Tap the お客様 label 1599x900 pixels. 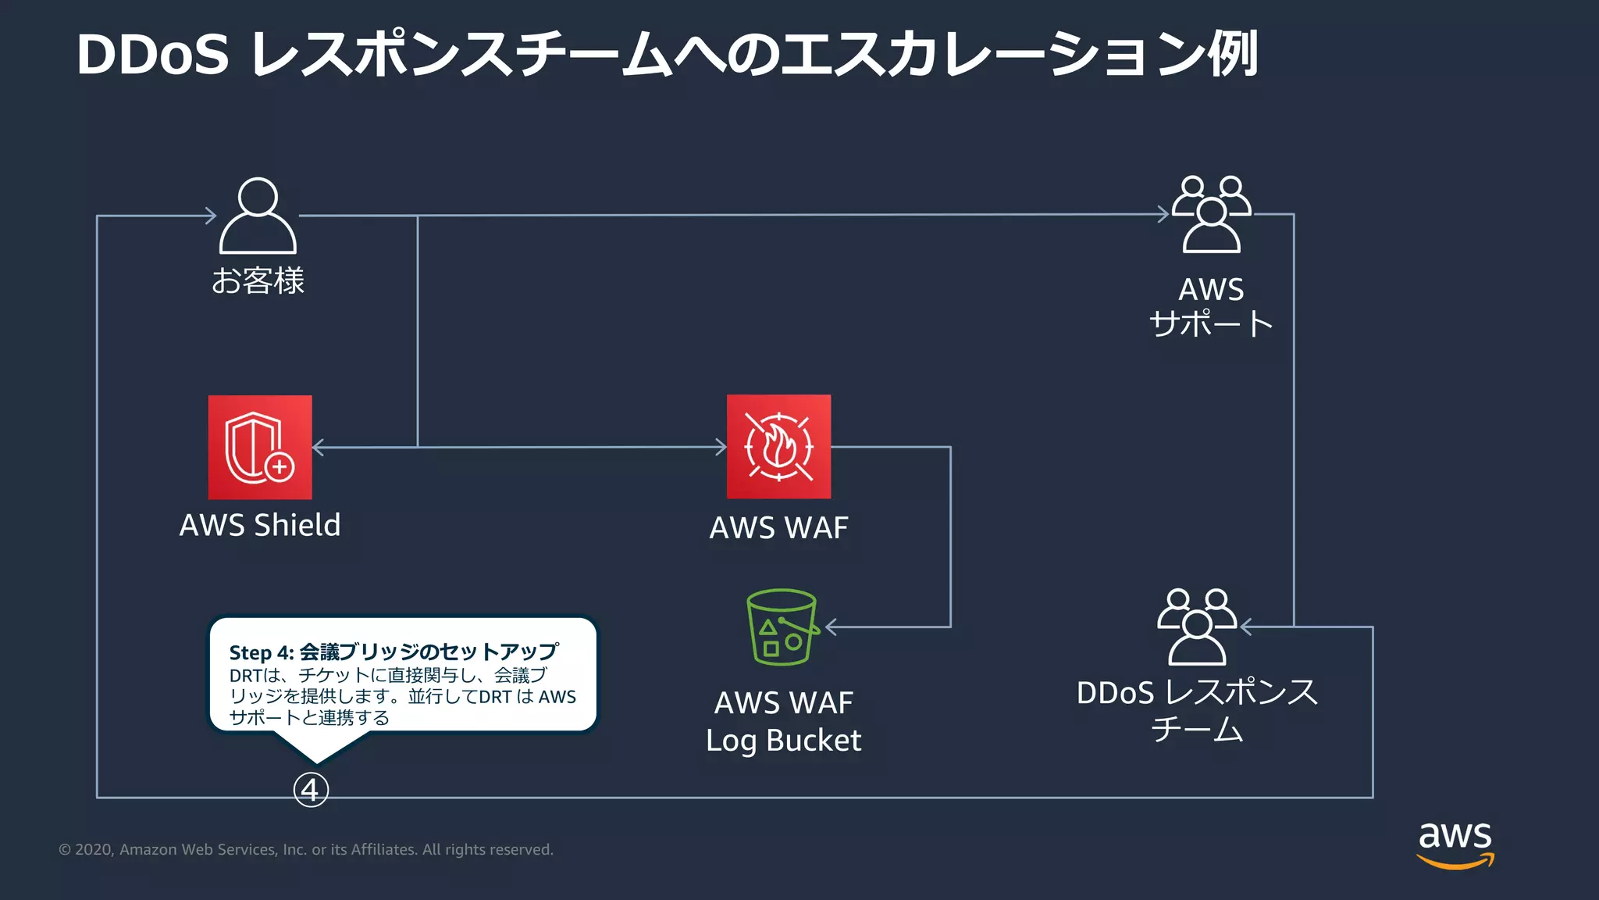pyautogui.click(x=258, y=280)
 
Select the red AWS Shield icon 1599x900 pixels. pyautogui.click(x=260, y=447)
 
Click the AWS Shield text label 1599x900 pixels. pyautogui.click(x=260, y=525)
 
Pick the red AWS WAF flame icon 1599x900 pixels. pyautogui.click(x=778, y=447)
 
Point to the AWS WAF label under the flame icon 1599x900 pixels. pyautogui.click(x=778, y=528)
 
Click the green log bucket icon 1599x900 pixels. pyautogui.click(x=782, y=627)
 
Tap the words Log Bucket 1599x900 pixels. pyautogui.click(x=783, y=741)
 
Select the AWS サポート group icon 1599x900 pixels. pyautogui.click(x=1211, y=214)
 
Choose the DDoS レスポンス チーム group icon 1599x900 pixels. pyautogui.click(x=1197, y=627)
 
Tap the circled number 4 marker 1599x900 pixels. pyautogui.click(x=311, y=791)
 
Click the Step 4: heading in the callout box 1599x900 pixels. pyautogui.click(x=261, y=652)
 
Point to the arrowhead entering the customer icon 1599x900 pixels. pyautogui.click(x=210, y=216)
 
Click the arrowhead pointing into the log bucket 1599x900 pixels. pyautogui.click(x=832, y=627)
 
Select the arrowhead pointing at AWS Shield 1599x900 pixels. pyautogui.click(x=318, y=447)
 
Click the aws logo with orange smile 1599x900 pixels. pyautogui.click(x=1455, y=844)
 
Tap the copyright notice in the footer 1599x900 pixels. pyautogui.click(x=306, y=849)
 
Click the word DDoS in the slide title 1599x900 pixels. pyautogui.click(x=153, y=55)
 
